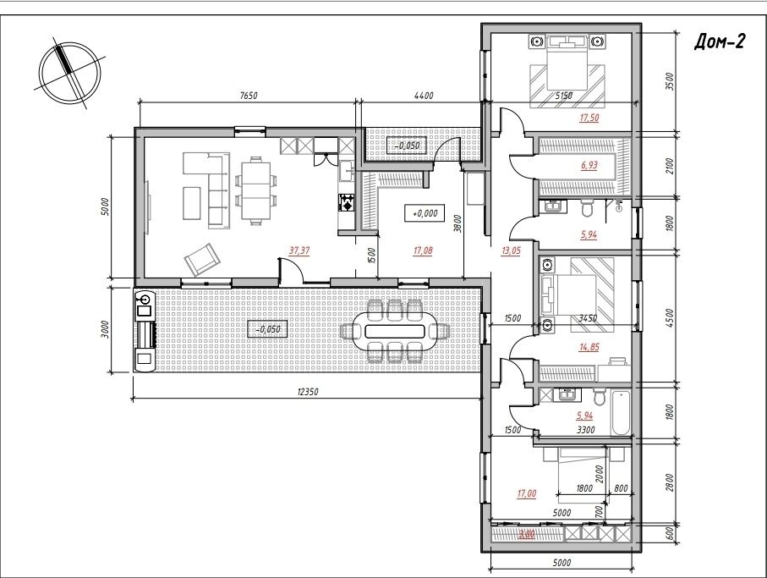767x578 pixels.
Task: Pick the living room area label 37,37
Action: [x=299, y=250]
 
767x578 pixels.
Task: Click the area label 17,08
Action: [x=423, y=250]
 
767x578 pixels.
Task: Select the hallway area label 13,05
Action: [x=511, y=250]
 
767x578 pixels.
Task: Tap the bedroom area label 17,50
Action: [x=589, y=118]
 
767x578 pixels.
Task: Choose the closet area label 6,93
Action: [x=589, y=166]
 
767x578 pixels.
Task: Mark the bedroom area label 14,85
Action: [x=589, y=347]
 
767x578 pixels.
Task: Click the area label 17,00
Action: [x=527, y=494]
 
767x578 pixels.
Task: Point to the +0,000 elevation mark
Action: [x=425, y=213]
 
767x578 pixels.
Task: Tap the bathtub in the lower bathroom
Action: [x=621, y=412]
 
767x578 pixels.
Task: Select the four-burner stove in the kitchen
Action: [x=347, y=202]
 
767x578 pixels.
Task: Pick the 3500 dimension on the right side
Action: [x=669, y=81]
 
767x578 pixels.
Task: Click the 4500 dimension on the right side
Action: [x=669, y=316]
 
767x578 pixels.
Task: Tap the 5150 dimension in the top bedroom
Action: [x=565, y=96]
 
